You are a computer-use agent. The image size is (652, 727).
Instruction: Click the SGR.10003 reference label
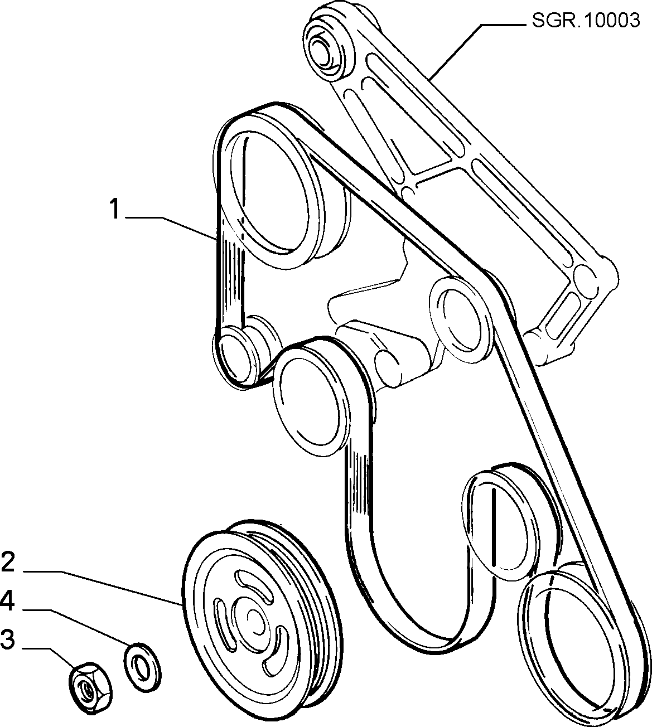[x=586, y=21]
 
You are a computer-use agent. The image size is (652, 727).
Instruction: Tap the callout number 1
[x=114, y=209]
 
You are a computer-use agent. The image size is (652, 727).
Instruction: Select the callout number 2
[x=8, y=563]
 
